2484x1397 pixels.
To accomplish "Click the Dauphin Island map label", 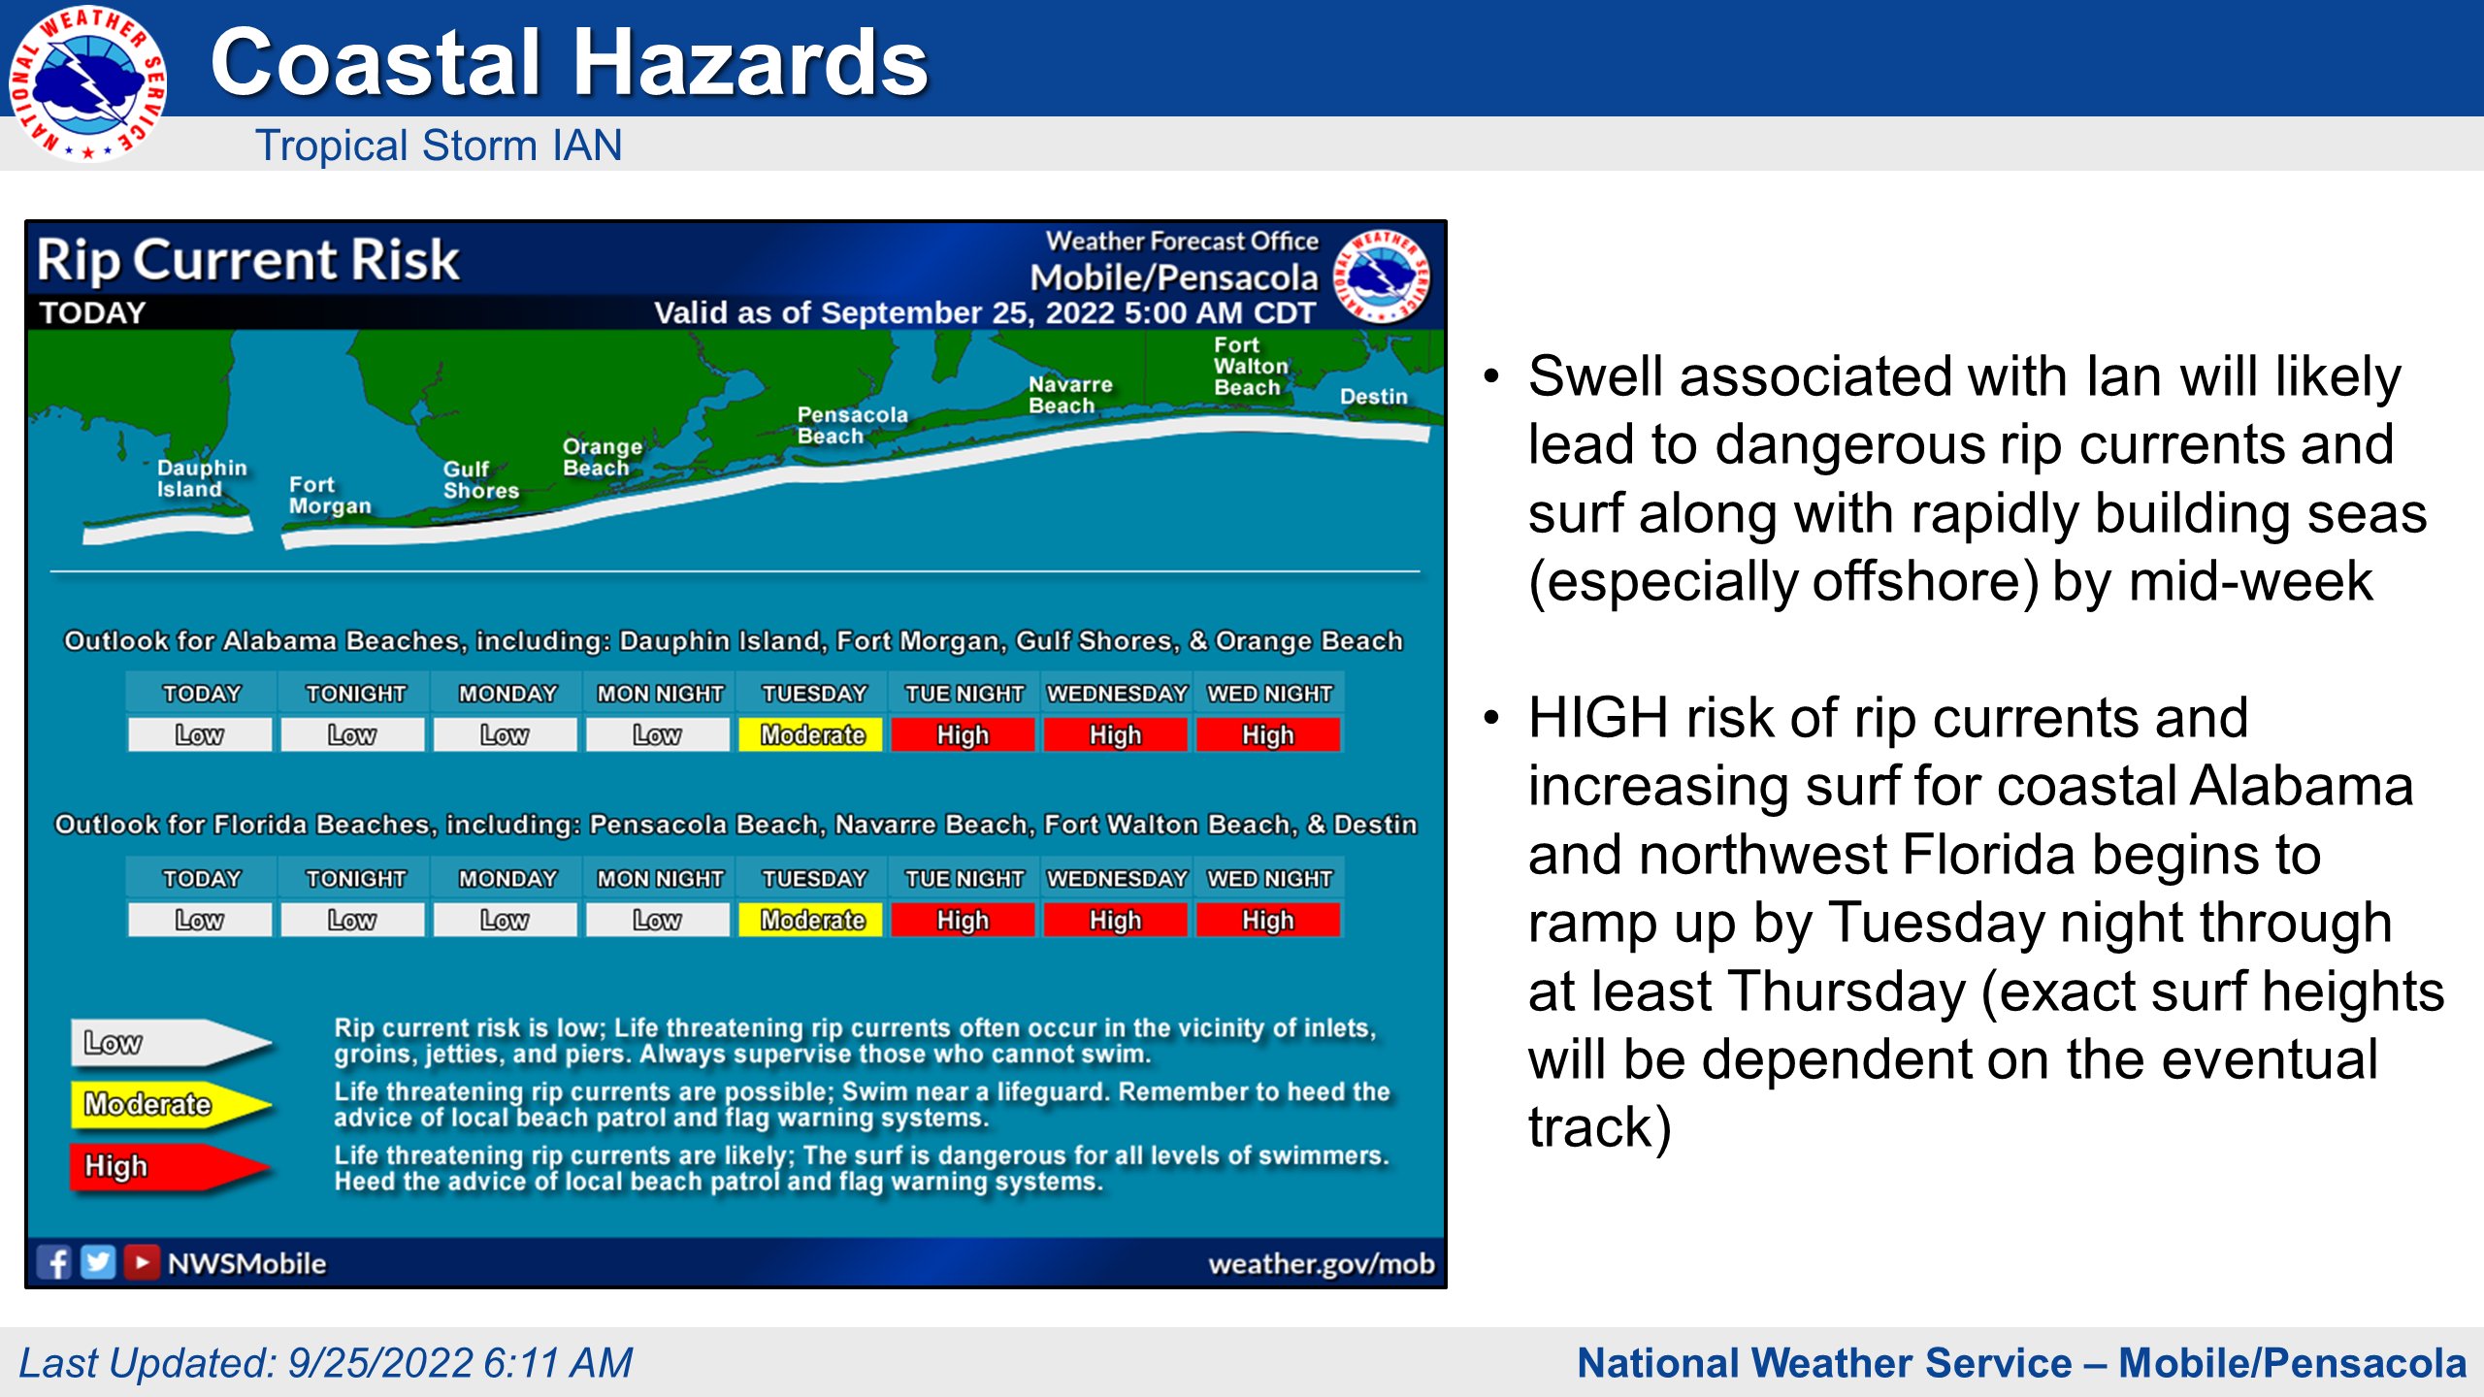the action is click(202, 478).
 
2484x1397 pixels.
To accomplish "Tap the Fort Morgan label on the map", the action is click(330, 495).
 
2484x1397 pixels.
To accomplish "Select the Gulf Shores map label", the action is click(481, 479).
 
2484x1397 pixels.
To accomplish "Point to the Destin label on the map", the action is click(1374, 397).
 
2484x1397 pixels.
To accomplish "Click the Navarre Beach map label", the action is click(1070, 395).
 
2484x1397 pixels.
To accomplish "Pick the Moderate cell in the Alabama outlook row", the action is click(811, 735).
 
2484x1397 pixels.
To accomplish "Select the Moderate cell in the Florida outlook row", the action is click(811, 920).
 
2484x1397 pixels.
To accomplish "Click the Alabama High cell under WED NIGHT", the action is click(1269, 735).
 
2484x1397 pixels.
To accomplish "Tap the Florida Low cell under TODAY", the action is click(200, 920).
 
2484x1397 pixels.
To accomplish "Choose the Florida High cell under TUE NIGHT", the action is click(964, 920).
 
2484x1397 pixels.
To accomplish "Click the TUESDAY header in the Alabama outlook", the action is click(813, 694).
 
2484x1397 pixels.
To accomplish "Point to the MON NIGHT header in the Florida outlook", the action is click(660, 878).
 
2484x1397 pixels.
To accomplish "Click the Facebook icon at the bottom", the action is click(53, 1262).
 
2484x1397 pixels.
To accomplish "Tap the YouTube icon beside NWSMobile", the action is click(142, 1262).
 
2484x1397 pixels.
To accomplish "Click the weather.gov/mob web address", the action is click(1322, 1263).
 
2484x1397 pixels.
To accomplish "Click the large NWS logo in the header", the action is click(87, 82).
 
